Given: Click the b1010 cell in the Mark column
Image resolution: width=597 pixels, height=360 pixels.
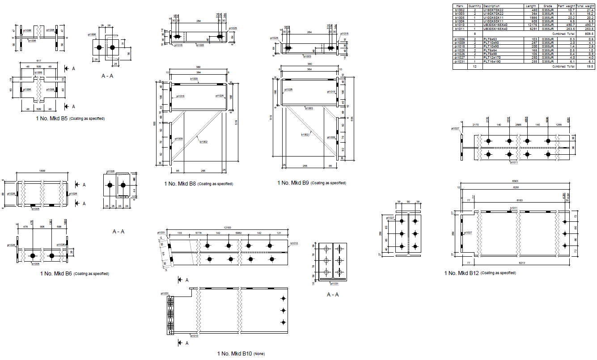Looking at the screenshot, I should click(460, 25).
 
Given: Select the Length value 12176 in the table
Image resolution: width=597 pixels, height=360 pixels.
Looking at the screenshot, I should click(531, 25).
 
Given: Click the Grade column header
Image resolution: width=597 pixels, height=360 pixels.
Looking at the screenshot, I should click(548, 6).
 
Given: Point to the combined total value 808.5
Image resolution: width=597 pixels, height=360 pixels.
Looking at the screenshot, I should click(589, 33).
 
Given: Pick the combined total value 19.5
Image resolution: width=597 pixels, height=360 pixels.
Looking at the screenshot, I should click(589, 66).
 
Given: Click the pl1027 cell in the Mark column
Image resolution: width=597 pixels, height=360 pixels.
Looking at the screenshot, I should click(460, 57).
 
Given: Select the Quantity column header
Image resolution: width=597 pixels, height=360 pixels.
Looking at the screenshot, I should click(474, 6).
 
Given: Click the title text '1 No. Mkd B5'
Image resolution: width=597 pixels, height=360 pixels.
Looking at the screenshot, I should click(51, 119).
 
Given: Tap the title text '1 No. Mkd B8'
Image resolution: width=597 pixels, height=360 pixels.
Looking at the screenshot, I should click(180, 183).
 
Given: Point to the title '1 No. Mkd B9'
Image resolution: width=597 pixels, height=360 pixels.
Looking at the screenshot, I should click(293, 182).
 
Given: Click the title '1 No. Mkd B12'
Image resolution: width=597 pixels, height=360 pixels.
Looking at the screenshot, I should click(462, 273).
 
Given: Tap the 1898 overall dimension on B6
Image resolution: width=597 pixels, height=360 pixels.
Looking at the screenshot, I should click(43, 171).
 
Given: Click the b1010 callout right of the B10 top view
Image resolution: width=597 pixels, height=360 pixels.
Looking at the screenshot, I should click(293, 243).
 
